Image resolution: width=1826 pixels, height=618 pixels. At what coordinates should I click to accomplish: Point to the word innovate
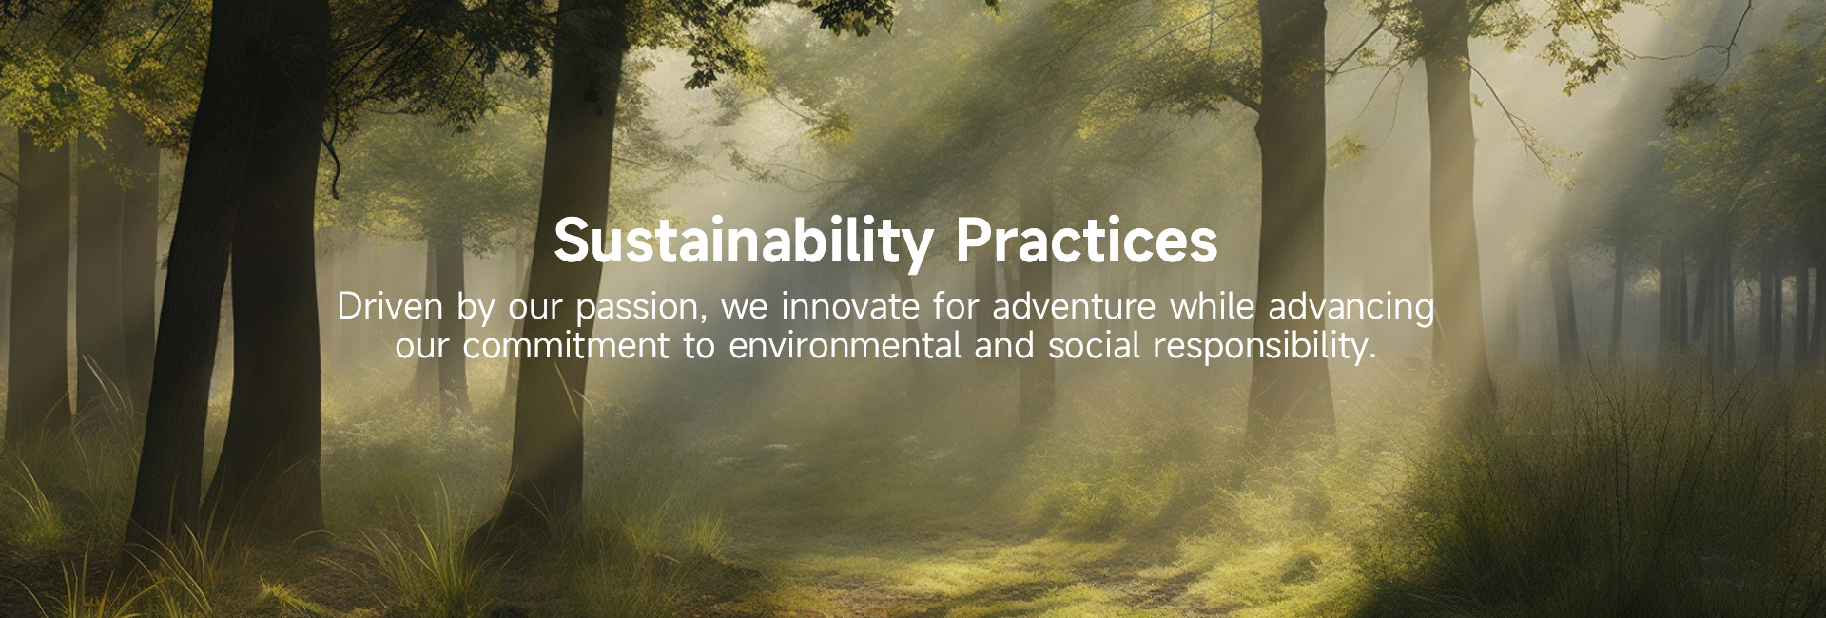(850, 307)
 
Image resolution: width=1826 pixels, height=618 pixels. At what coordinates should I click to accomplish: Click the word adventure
(1075, 308)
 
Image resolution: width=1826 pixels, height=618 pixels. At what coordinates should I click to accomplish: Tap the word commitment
(566, 346)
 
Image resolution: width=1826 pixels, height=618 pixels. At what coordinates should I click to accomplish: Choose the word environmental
(845, 346)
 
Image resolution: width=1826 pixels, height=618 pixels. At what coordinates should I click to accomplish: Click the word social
(1094, 346)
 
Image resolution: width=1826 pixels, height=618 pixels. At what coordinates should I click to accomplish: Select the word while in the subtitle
(1213, 307)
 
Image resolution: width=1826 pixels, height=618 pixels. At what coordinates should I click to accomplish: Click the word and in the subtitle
(1004, 346)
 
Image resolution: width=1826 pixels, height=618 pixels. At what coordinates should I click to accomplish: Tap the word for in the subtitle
(956, 307)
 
